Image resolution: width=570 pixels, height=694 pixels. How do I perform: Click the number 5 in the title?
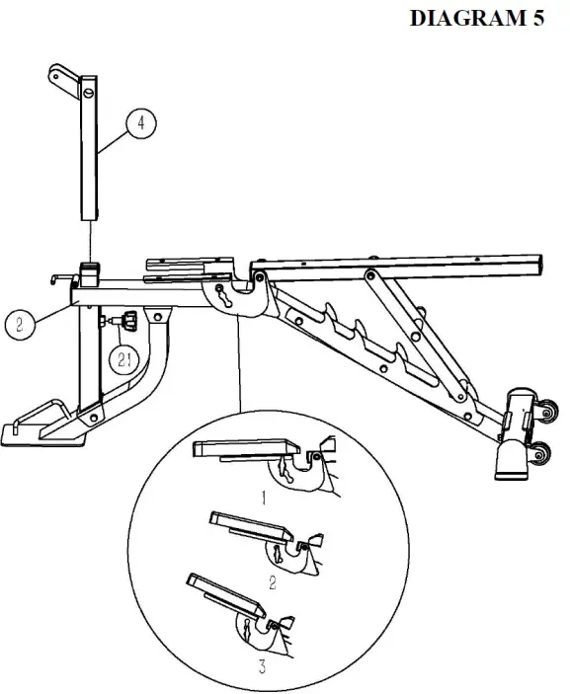pyautogui.click(x=533, y=20)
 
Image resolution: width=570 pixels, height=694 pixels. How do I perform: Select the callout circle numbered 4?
pyautogui.click(x=141, y=122)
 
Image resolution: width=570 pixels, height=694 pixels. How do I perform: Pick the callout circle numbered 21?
pyautogui.click(x=124, y=360)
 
